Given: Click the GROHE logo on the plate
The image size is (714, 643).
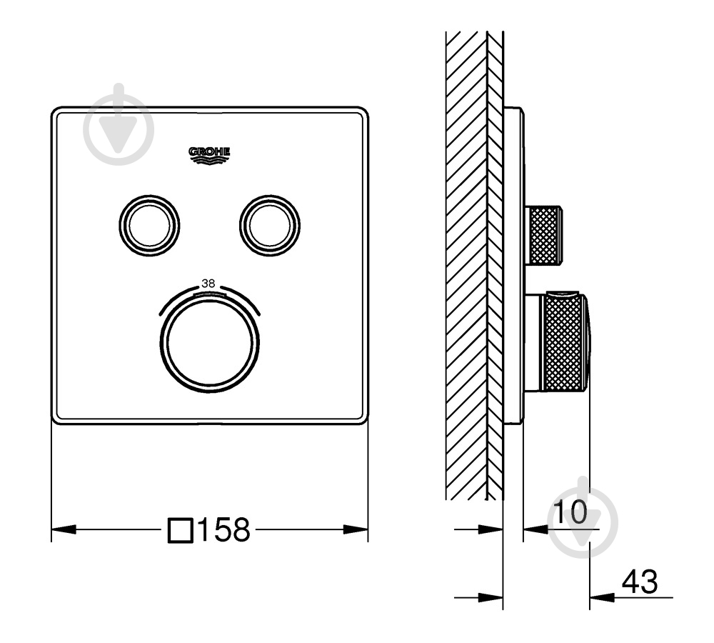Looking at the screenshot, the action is (x=209, y=156).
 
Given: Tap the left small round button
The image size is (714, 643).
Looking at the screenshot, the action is (x=149, y=224).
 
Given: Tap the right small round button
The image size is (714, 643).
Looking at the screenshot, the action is (x=270, y=224).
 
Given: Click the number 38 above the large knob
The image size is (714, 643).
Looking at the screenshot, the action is (x=208, y=284).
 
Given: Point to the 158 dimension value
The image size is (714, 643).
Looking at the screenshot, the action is (x=223, y=529).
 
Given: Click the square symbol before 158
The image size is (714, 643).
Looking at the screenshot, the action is (x=181, y=530).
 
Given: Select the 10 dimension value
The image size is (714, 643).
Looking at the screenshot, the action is (x=570, y=512).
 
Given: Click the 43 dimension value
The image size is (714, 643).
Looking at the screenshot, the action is (x=640, y=582).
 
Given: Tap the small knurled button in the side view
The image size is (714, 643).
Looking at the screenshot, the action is (x=545, y=235).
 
